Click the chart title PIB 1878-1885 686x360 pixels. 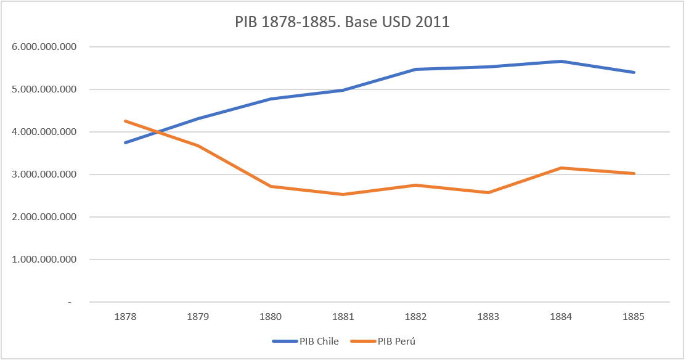(x=343, y=22)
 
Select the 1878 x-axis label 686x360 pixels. (x=125, y=317)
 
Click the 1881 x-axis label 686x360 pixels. (x=343, y=317)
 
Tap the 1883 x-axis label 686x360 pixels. (x=489, y=317)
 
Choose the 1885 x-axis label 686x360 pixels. (x=634, y=317)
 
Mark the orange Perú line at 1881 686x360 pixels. (x=343, y=194)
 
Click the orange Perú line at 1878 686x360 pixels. (x=125, y=121)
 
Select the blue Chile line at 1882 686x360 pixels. (x=416, y=69)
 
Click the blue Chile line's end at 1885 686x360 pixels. (x=634, y=72)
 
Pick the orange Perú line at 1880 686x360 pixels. (x=271, y=186)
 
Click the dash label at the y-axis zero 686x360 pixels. (x=70, y=302)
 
